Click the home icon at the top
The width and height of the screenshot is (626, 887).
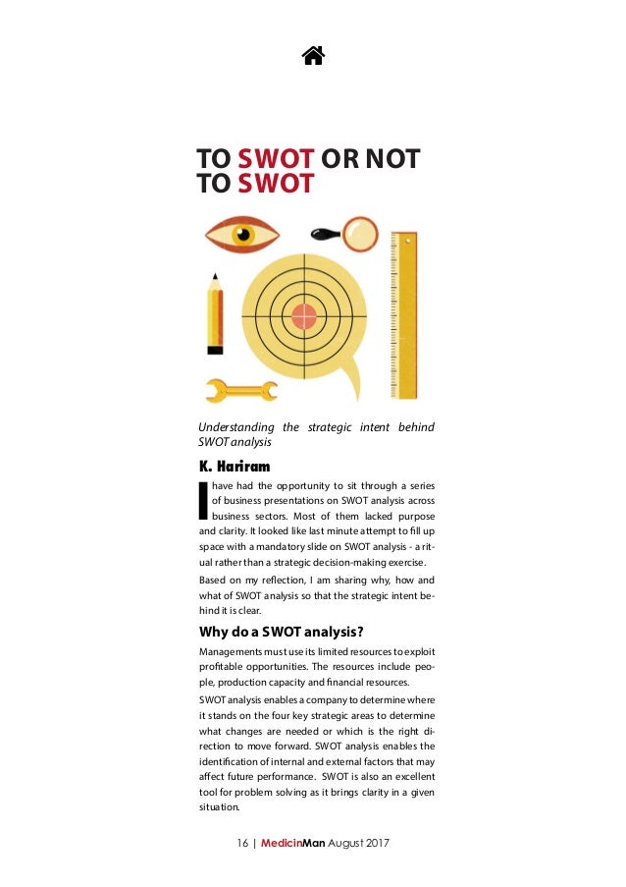pyautogui.click(x=313, y=55)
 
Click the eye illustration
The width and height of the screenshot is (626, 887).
pyautogui.click(x=241, y=235)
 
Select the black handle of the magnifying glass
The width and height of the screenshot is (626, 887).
pyautogui.click(x=325, y=233)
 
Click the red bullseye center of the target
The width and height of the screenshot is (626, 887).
pyautogui.click(x=304, y=315)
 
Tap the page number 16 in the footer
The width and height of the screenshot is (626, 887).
pyautogui.click(x=244, y=844)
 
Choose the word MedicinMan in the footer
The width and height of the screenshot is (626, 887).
pyautogui.click(x=292, y=844)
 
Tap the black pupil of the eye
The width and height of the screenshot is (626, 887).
pyautogui.click(x=241, y=235)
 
